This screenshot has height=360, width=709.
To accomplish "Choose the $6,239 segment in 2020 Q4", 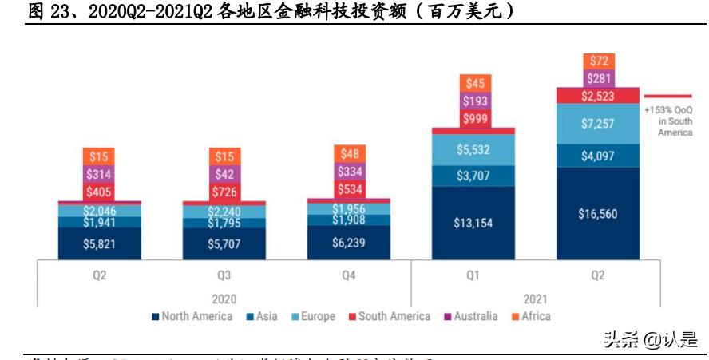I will [x=350, y=242].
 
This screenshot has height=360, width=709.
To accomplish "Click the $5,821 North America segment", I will [x=100, y=243].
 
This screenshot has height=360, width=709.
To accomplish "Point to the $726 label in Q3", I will [x=224, y=192].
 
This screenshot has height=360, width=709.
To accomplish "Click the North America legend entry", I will [x=192, y=316].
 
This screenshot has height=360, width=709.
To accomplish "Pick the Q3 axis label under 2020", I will [x=224, y=275].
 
